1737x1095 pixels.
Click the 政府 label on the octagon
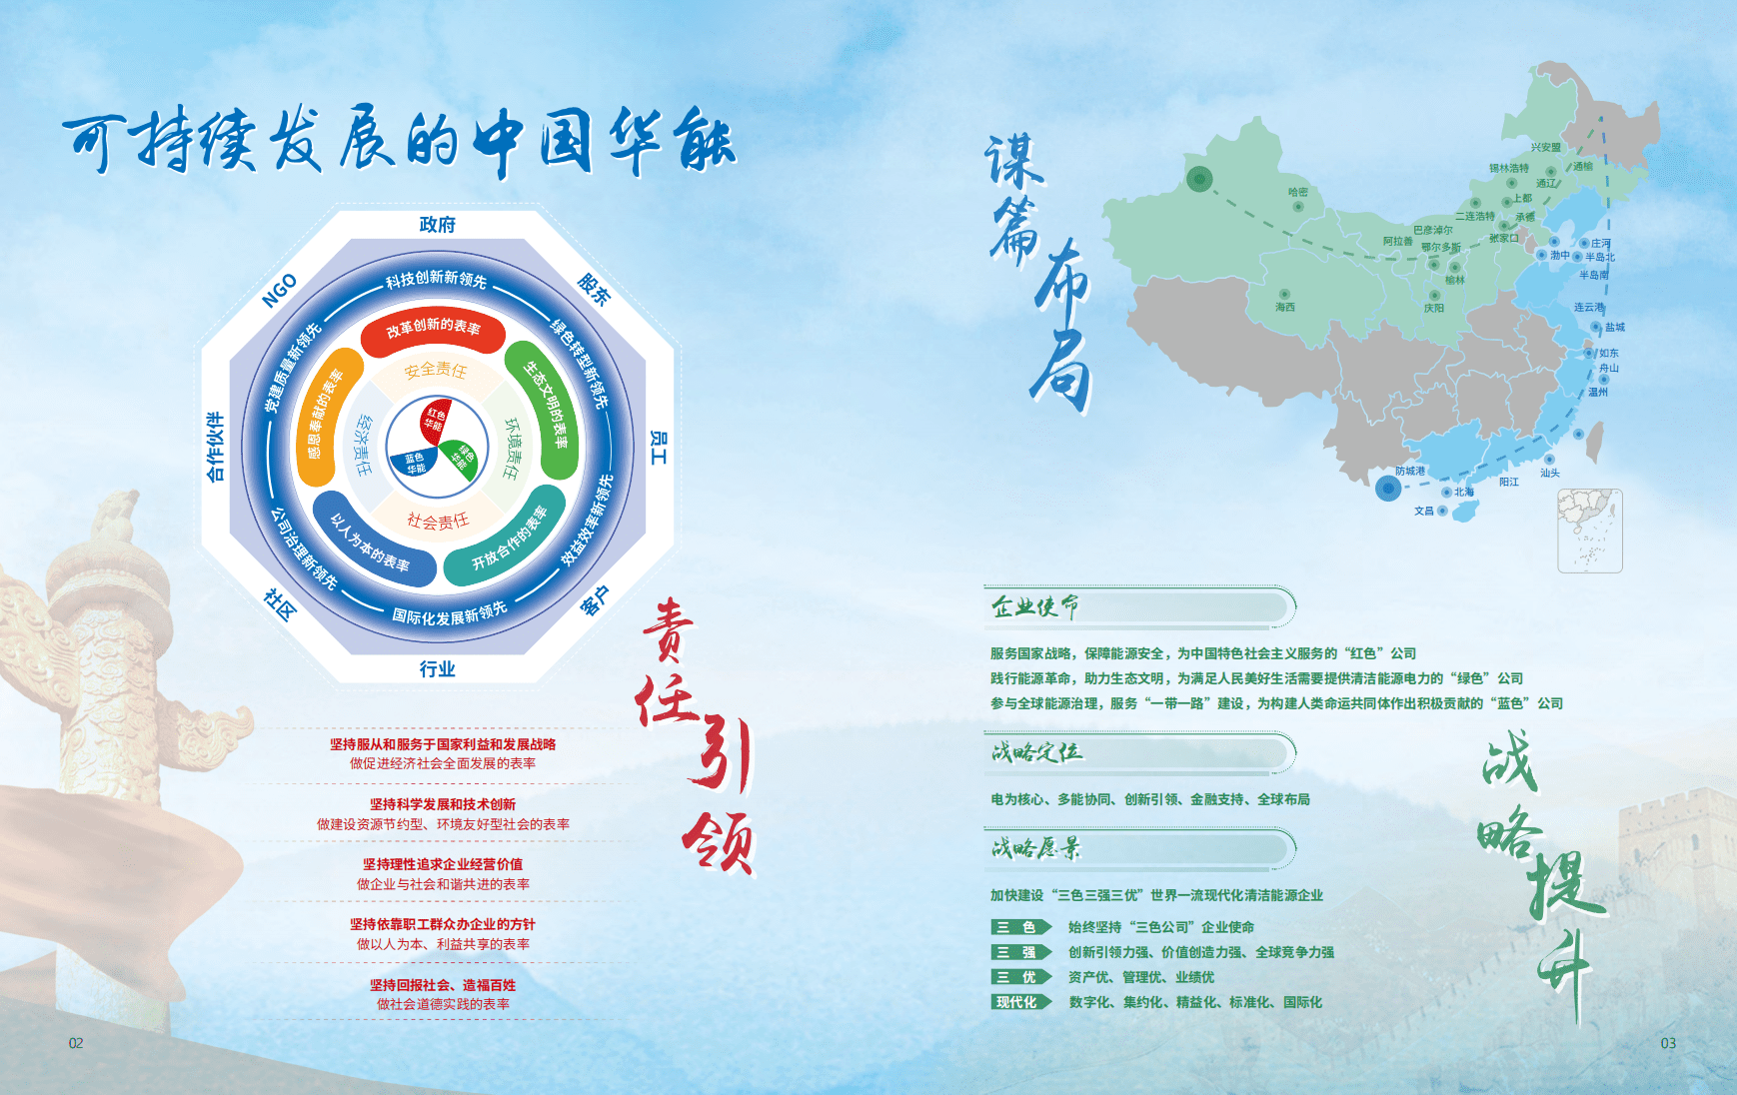pos(438,225)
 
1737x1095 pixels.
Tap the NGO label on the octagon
pos(279,290)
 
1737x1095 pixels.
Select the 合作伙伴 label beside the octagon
pos(215,447)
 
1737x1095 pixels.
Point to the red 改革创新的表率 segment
pos(433,331)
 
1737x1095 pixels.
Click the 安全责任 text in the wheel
pos(435,371)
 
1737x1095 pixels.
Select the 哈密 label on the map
pos(1297,192)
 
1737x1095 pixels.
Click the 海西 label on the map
pos(1284,307)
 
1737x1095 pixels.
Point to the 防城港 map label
pos(1409,471)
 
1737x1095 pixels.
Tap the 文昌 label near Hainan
pos(1423,511)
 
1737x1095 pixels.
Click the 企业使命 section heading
pos(1035,606)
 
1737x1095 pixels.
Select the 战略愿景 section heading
pos(1035,848)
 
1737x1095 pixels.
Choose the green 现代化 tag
pos(1018,1002)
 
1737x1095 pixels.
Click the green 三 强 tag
pos(1018,952)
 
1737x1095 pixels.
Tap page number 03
pos(1668,1043)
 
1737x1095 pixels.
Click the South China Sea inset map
pos(1589,531)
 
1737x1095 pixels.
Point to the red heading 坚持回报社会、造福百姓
pos(443,985)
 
